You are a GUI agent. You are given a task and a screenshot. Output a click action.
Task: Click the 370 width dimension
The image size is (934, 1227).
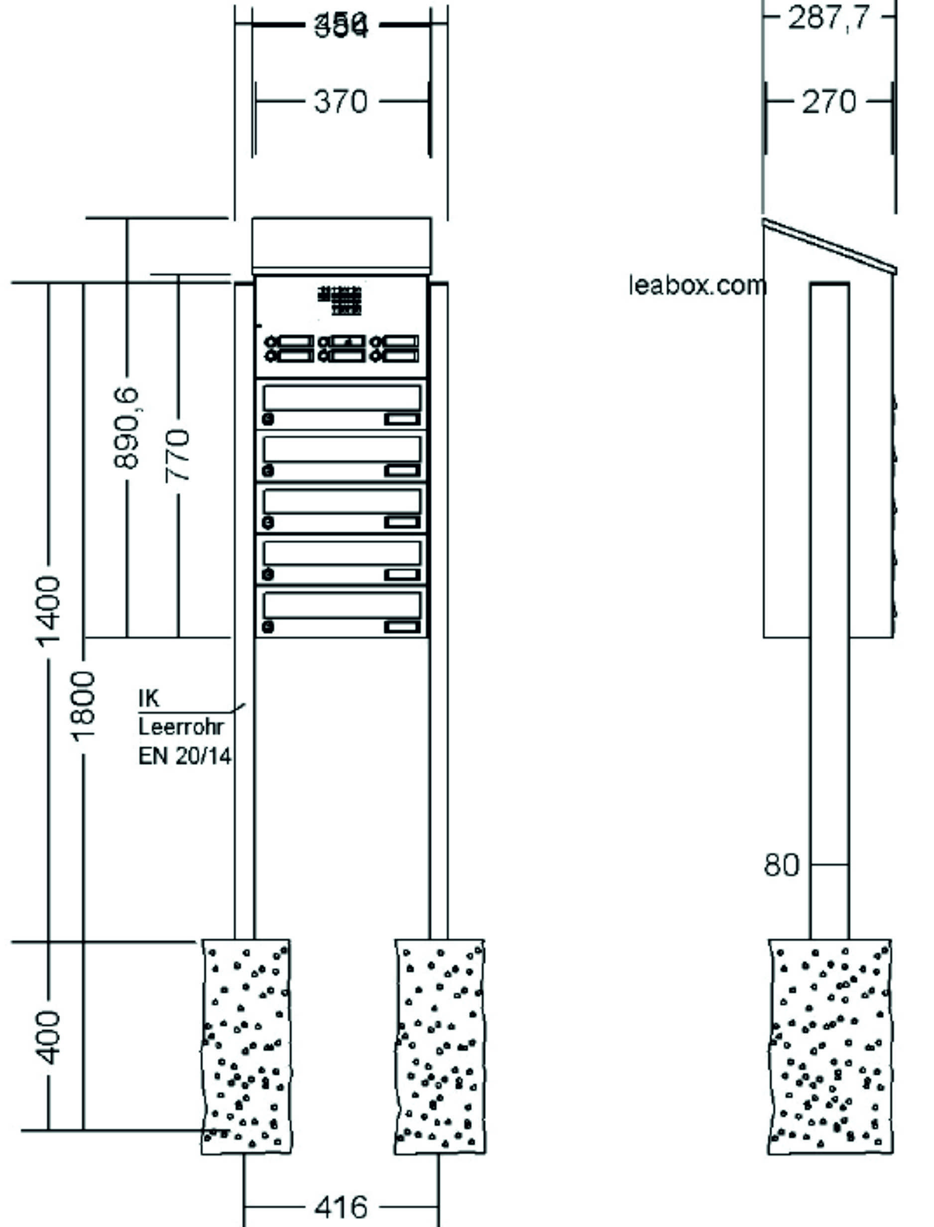pyautogui.click(x=341, y=102)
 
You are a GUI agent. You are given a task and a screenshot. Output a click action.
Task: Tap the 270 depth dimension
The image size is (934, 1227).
pyautogui.click(x=828, y=102)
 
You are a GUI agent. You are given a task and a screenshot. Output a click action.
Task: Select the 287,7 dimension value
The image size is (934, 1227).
pyautogui.click(x=828, y=18)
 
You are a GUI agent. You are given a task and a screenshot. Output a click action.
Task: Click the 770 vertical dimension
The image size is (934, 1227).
pyautogui.click(x=178, y=455)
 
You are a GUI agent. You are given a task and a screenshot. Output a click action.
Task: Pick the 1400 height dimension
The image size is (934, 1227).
pyautogui.click(x=48, y=612)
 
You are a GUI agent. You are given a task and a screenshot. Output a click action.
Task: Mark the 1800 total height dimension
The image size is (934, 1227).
pyautogui.click(x=84, y=706)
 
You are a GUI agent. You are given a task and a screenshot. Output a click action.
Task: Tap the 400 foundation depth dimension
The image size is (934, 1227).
pyautogui.click(x=48, y=1038)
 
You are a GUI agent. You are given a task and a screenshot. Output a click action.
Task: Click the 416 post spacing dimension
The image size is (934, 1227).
pyautogui.click(x=341, y=1207)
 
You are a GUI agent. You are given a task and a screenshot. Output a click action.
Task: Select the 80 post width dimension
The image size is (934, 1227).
pyautogui.click(x=781, y=865)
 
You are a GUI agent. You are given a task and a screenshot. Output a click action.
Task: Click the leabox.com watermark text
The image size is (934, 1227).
pyautogui.click(x=697, y=285)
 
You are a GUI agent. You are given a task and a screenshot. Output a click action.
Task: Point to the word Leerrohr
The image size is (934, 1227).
pyautogui.click(x=181, y=726)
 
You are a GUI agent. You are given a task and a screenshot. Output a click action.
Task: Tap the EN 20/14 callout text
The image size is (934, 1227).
pyautogui.click(x=184, y=755)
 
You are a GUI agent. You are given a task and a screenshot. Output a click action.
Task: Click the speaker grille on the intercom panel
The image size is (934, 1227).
pyautogui.click(x=340, y=300)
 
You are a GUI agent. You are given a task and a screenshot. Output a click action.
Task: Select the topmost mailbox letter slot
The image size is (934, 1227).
pyautogui.click(x=342, y=398)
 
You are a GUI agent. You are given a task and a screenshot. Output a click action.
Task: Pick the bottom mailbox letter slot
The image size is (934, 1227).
pyautogui.click(x=342, y=606)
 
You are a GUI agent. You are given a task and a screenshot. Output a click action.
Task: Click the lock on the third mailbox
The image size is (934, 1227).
pyautogui.click(x=268, y=522)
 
